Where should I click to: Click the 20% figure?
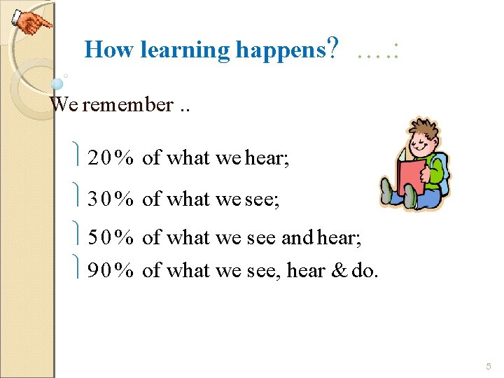tap(111, 158)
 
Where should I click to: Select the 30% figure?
tap(111, 199)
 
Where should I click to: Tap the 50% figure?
tap(111, 239)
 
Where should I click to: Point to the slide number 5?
tap(489, 367)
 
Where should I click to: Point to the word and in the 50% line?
tap(296, 239)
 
